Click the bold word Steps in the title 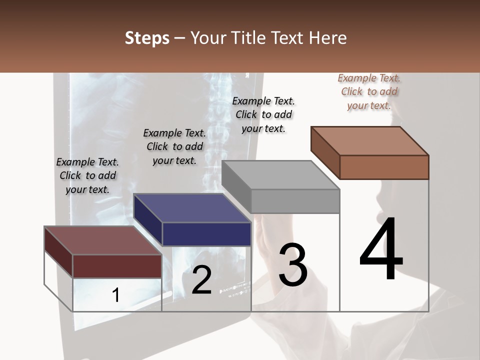147,38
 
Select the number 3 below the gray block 292,265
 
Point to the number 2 201,280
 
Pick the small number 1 115,295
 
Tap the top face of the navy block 192,208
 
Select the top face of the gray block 280,175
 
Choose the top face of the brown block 369,141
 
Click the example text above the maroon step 87,175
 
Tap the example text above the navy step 174,146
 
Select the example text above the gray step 263,114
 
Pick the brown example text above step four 369,91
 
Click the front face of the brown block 384,167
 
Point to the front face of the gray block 295,201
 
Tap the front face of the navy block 206,234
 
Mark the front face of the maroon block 117,266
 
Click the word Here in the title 328,38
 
